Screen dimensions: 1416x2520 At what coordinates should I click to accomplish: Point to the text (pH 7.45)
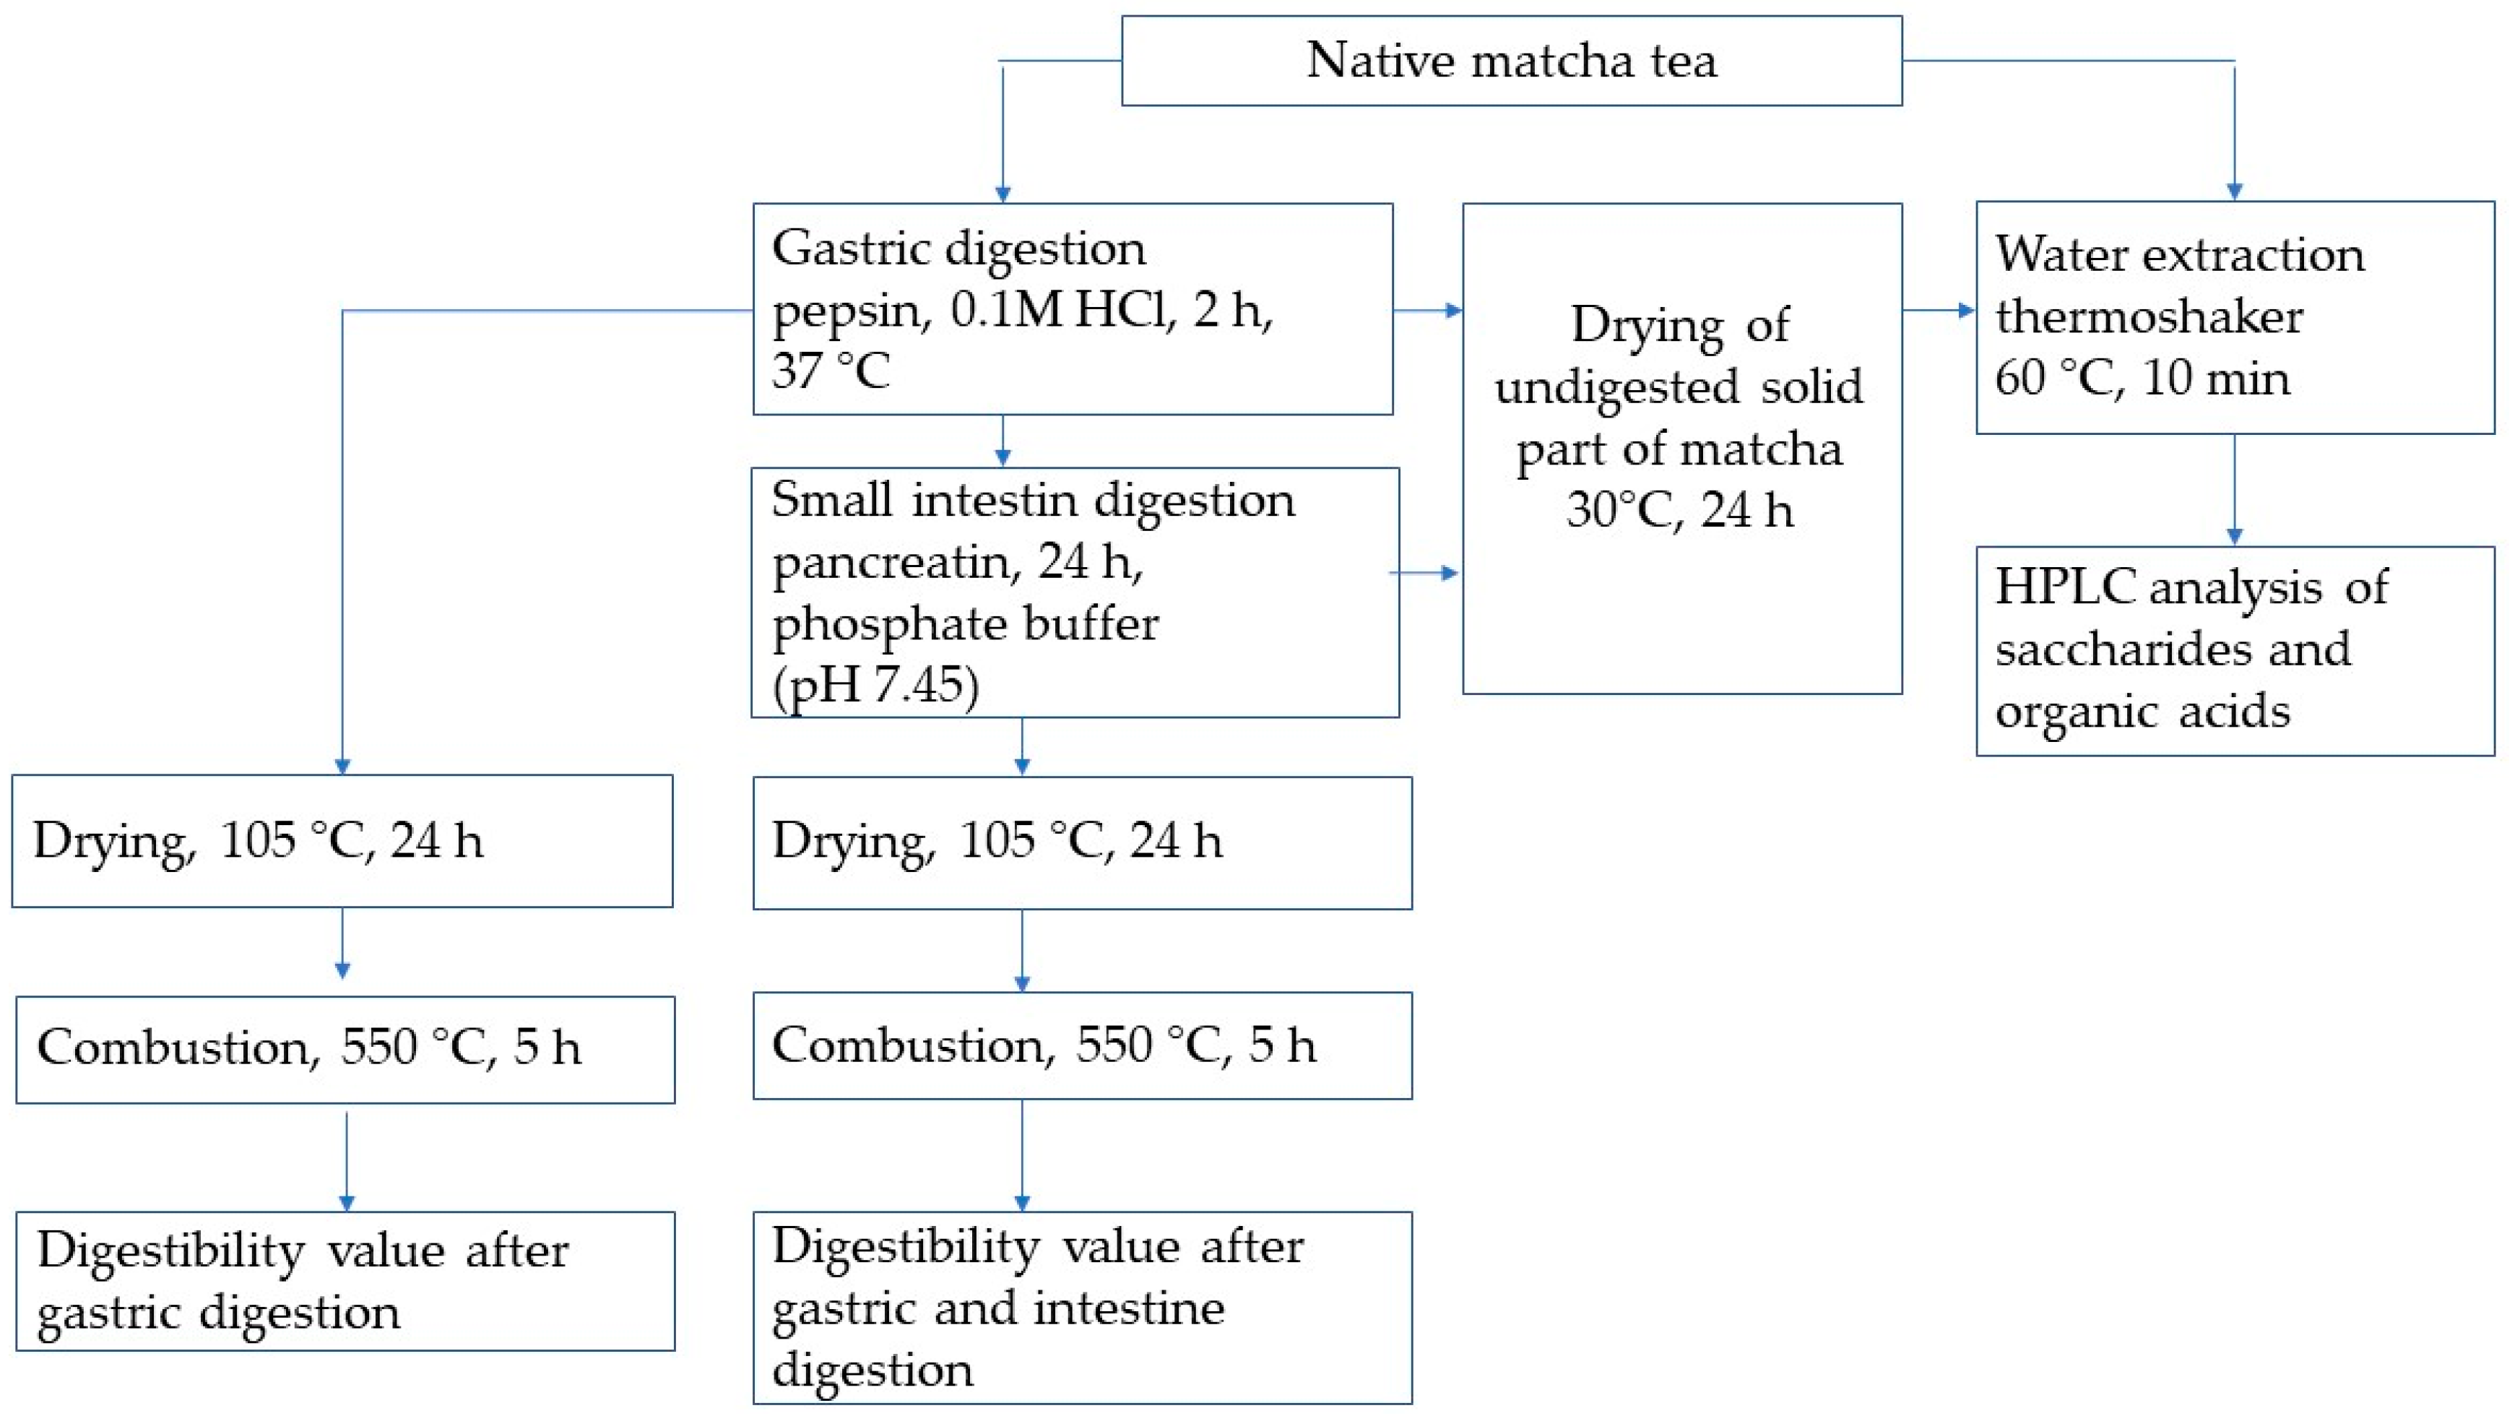coord(875,685)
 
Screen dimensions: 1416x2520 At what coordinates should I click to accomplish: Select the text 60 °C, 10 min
coord(2142,379)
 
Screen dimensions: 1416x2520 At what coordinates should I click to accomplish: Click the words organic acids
coord(2142,710)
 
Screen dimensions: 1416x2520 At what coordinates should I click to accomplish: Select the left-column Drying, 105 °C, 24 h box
coord(342,842)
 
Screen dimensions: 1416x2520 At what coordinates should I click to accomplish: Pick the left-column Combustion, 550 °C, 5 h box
coord(345,1049)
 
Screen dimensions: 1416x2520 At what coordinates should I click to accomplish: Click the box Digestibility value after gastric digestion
coord(345,1281)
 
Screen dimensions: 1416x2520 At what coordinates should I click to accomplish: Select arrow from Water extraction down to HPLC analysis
coord(2235,489)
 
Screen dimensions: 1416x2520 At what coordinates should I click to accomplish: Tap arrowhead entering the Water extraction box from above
coord(2235,191)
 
